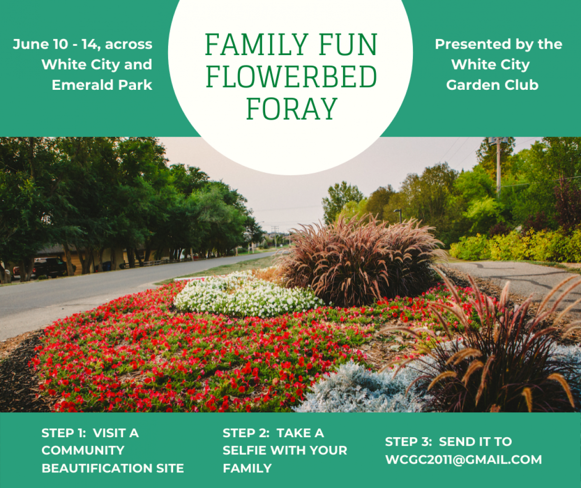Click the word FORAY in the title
(x=291, y=109)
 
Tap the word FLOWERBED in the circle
(x=291, y=77)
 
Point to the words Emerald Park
(x=102, y=85)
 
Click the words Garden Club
(x=492, y=85)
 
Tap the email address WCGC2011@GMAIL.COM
(x=463, y=459)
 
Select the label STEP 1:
(x=64, y=433)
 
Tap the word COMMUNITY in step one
(x=83, y=450)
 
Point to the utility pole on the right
(x=498, y=167)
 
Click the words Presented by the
(x=498, y=44)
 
